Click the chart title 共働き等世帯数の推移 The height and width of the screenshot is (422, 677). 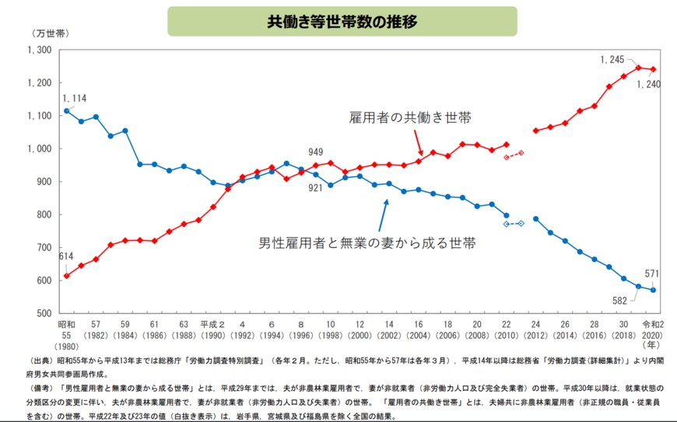click(342, 21)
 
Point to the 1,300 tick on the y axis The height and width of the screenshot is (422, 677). click(39, 50)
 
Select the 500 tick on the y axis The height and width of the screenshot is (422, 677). click(44, 313)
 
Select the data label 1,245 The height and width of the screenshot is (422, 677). click(613, 59)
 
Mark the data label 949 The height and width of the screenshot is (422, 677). click(316, 152)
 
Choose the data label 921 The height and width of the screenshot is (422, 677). click(316, 187)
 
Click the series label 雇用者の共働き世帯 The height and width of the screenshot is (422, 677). click(410, 117)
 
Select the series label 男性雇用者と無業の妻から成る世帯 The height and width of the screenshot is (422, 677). click(367, 243)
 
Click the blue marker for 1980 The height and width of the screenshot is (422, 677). click(66, 111)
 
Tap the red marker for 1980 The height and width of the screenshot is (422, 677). click(66, 276)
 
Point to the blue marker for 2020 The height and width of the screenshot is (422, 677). click(653, 290)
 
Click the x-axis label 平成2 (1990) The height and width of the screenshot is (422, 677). click(212, 330)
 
